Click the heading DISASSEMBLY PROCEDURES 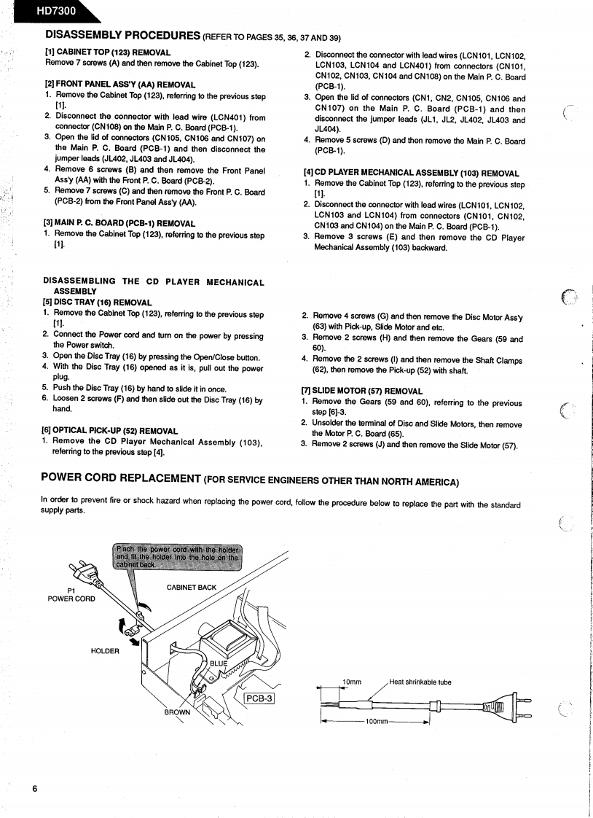123,35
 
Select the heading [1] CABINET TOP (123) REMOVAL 108,52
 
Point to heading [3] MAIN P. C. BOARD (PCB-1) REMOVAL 119,223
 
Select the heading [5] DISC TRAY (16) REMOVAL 98,303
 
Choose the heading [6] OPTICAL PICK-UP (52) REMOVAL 110,430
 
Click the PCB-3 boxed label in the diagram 258,698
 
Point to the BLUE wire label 219,663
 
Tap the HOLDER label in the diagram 105,651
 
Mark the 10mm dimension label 352,682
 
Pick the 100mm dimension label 376,721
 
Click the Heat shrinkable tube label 420,682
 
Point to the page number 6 34,789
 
